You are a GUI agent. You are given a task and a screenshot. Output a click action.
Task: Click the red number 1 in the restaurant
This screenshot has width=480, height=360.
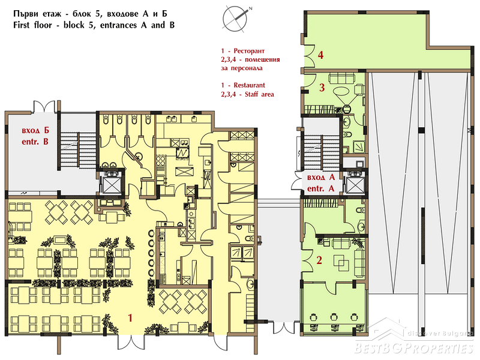(130, 318)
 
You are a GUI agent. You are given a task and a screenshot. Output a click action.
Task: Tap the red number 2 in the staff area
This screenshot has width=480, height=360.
(319, 260)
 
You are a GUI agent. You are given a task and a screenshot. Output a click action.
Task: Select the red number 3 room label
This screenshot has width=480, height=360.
(322, 88)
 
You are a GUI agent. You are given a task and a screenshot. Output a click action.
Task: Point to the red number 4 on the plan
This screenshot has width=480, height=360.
(320, 55)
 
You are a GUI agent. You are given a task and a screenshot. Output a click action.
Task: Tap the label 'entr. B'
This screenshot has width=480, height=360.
(35, 142)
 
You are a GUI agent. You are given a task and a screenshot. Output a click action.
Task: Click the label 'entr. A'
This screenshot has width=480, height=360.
(321, 188)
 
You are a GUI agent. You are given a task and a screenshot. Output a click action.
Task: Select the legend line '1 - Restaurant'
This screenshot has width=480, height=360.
(243, 85)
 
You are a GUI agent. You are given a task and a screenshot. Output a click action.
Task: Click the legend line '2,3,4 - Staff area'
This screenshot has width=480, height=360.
(247, 94)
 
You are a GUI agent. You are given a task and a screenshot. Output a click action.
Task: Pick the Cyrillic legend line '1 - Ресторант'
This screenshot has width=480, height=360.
(243, 51)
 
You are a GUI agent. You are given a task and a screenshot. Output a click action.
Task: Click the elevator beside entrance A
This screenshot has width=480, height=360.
(355, 185)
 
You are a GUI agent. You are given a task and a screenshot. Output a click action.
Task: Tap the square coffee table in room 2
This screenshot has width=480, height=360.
(343, 263)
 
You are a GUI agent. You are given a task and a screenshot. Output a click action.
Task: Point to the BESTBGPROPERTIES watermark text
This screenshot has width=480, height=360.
(413, 348)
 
